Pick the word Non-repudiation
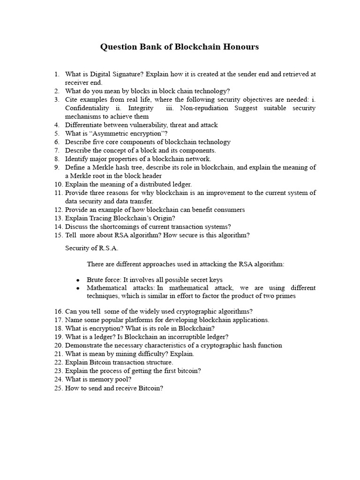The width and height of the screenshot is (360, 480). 204,108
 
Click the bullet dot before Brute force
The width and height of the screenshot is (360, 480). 78,280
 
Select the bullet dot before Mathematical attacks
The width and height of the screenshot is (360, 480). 78,288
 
